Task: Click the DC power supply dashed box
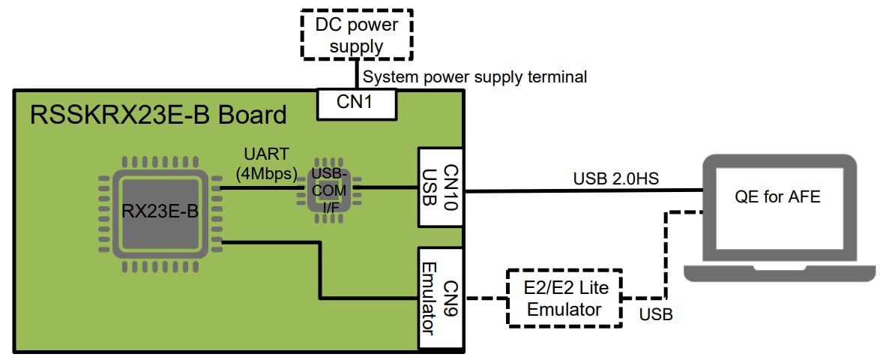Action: [357, 34]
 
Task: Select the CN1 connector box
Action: [357, 104]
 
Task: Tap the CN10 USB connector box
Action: [441, 188]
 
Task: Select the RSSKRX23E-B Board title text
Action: [157, 115]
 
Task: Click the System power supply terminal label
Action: [474, 76]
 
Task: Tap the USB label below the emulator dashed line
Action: [655, 314]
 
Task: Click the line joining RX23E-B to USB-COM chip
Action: [259, 187]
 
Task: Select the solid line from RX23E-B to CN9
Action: [322, 270]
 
